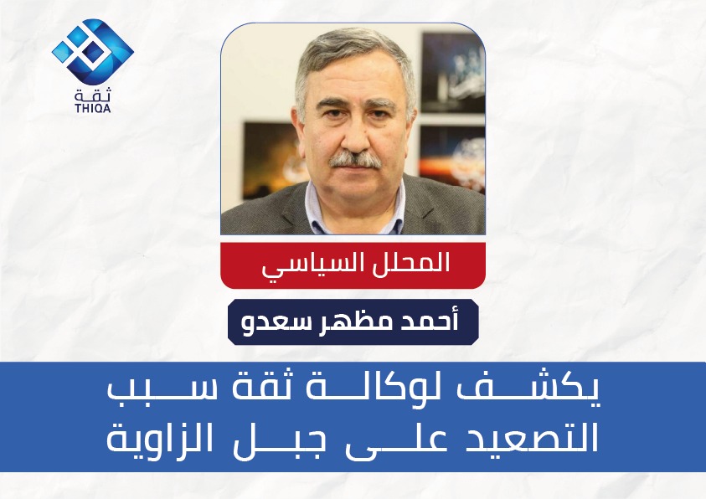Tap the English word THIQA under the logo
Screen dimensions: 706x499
[93, 108]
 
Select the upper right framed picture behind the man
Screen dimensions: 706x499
[452, 72]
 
